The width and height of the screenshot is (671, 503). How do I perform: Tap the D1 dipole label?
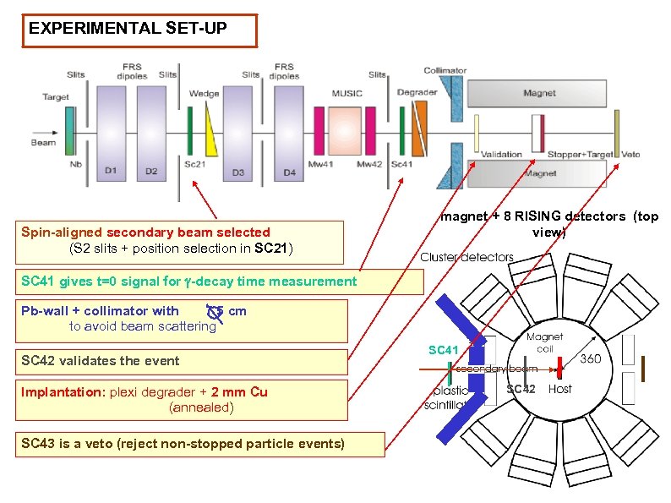[x=111, y=172]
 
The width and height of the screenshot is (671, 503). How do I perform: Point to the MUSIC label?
[x=346, y=93]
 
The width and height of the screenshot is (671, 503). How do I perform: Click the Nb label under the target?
[x=76, y=164]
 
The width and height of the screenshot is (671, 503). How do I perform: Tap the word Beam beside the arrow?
[x=44, y=142]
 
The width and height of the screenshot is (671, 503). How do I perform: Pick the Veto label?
[x=630, y=155]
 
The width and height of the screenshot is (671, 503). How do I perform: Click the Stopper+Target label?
[x=581, y=155]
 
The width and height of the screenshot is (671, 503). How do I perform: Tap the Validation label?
[x=502, y=155]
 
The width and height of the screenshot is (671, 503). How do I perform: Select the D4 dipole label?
[x=290, y=172]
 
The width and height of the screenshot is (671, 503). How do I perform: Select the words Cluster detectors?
[x=466, y=257]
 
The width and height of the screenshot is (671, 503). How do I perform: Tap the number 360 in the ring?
[x=590, y=359]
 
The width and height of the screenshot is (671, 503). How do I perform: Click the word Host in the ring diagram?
[x=559, y=389]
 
